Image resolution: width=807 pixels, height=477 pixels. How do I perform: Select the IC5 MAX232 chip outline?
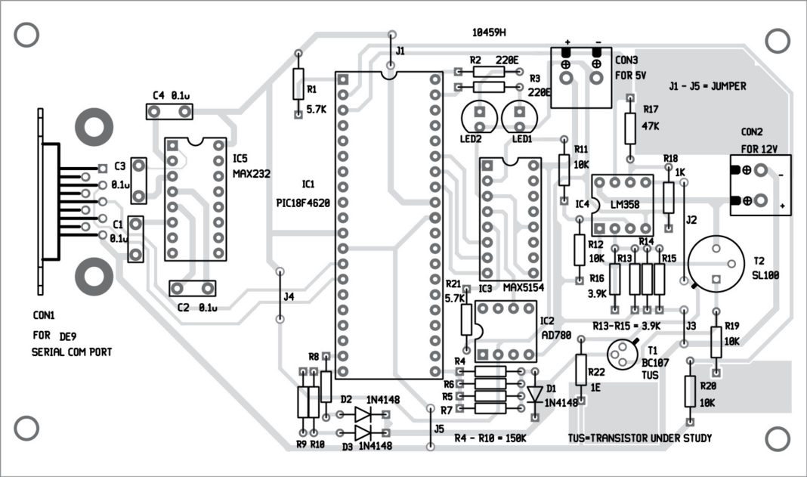click(195, 199)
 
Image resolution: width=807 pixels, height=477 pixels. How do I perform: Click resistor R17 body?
click(629, 129)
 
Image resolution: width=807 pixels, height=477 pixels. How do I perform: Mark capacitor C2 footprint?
click(191, 288)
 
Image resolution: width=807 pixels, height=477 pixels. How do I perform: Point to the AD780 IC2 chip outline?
click(504, 331)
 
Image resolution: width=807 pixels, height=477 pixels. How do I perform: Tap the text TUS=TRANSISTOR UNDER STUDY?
click(639, 438)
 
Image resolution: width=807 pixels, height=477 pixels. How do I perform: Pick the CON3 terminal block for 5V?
click(581, 78)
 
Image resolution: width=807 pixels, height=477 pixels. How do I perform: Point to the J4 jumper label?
click(289, 297)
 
